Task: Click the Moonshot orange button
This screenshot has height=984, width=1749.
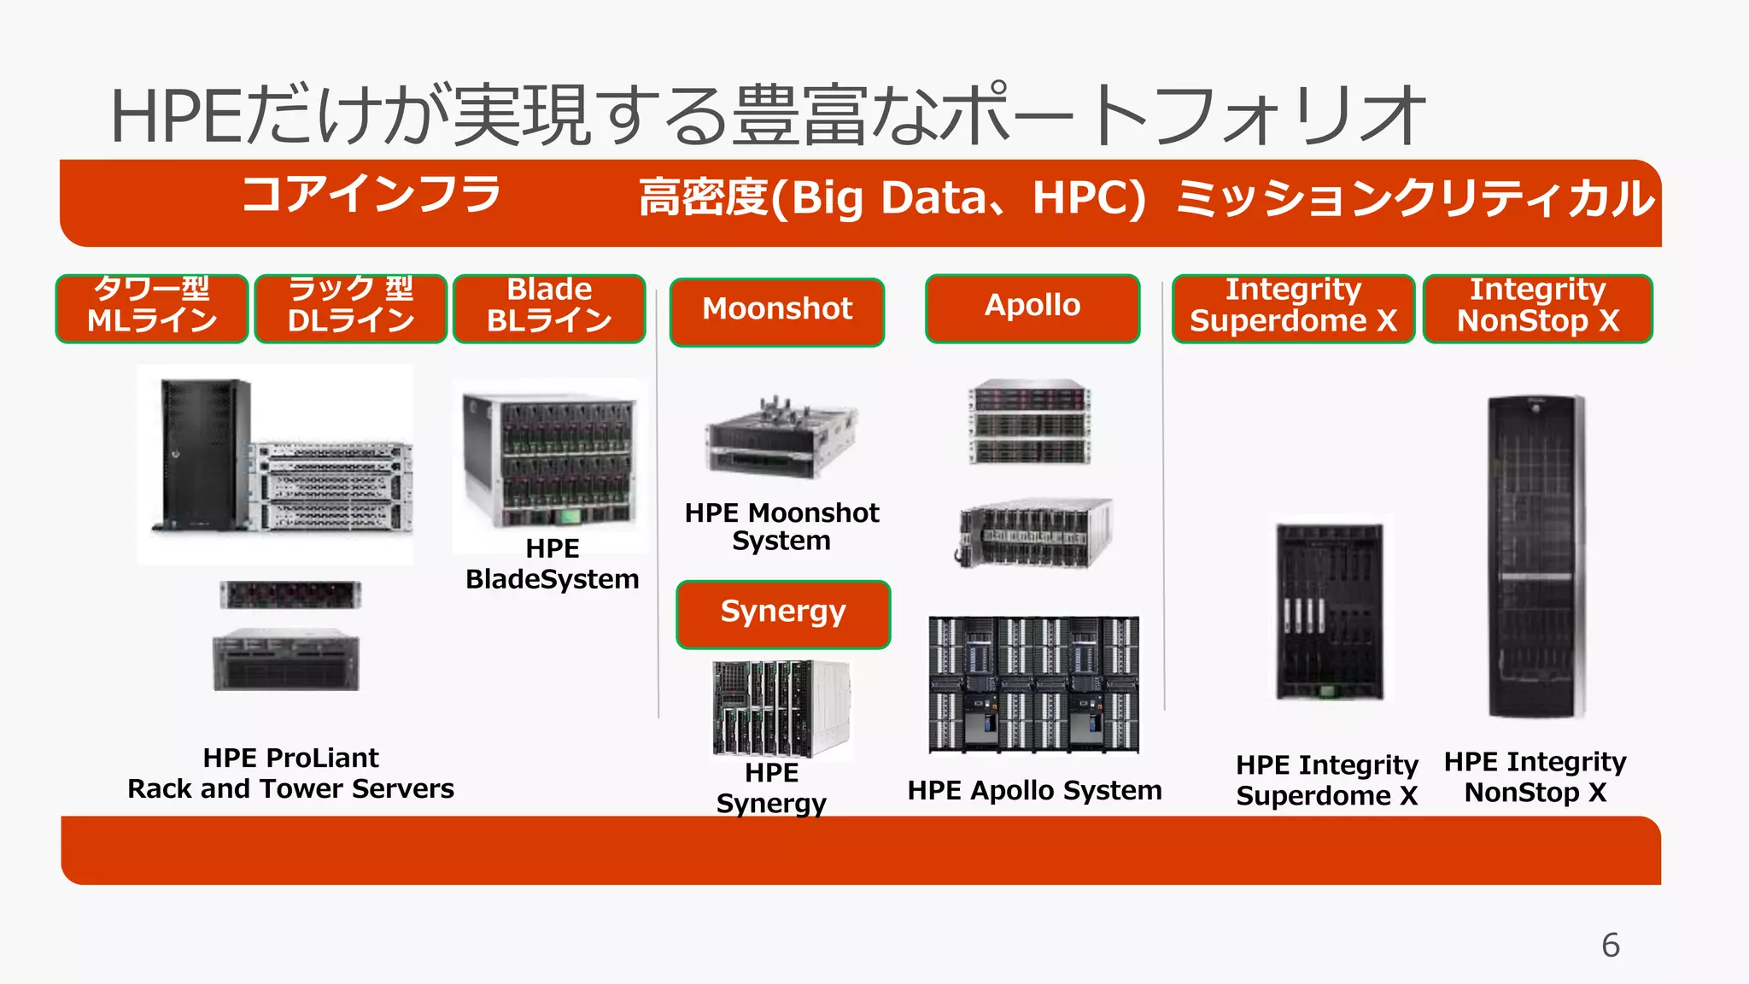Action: coord(776,311)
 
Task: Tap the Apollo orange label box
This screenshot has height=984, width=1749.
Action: coord(1032,307)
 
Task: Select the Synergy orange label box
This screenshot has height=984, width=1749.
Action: coord(782,614)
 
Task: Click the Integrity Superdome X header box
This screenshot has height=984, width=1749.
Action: coord(1292,307)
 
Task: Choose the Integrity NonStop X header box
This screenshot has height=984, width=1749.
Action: coord(1536,307)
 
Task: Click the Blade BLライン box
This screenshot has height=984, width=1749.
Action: coord(549,307)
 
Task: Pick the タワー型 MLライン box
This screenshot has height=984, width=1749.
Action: coord(152,307)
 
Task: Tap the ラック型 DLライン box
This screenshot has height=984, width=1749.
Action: coord(350,307)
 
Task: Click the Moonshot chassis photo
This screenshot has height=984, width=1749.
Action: coord(780,437)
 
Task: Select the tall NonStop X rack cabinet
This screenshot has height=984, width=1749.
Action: coord(1535,555)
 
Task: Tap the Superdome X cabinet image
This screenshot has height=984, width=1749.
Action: coord(1330,611)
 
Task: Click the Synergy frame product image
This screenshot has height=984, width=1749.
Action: coord(781,709)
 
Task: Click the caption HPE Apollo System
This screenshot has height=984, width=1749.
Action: coord(1033,791)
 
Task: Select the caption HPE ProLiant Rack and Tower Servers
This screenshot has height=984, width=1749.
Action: coord(290,773)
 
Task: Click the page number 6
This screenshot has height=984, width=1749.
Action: coord(1610,945)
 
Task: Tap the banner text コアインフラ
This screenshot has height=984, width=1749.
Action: coord(371,195)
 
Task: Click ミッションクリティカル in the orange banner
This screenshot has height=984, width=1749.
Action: coord(1413,199)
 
